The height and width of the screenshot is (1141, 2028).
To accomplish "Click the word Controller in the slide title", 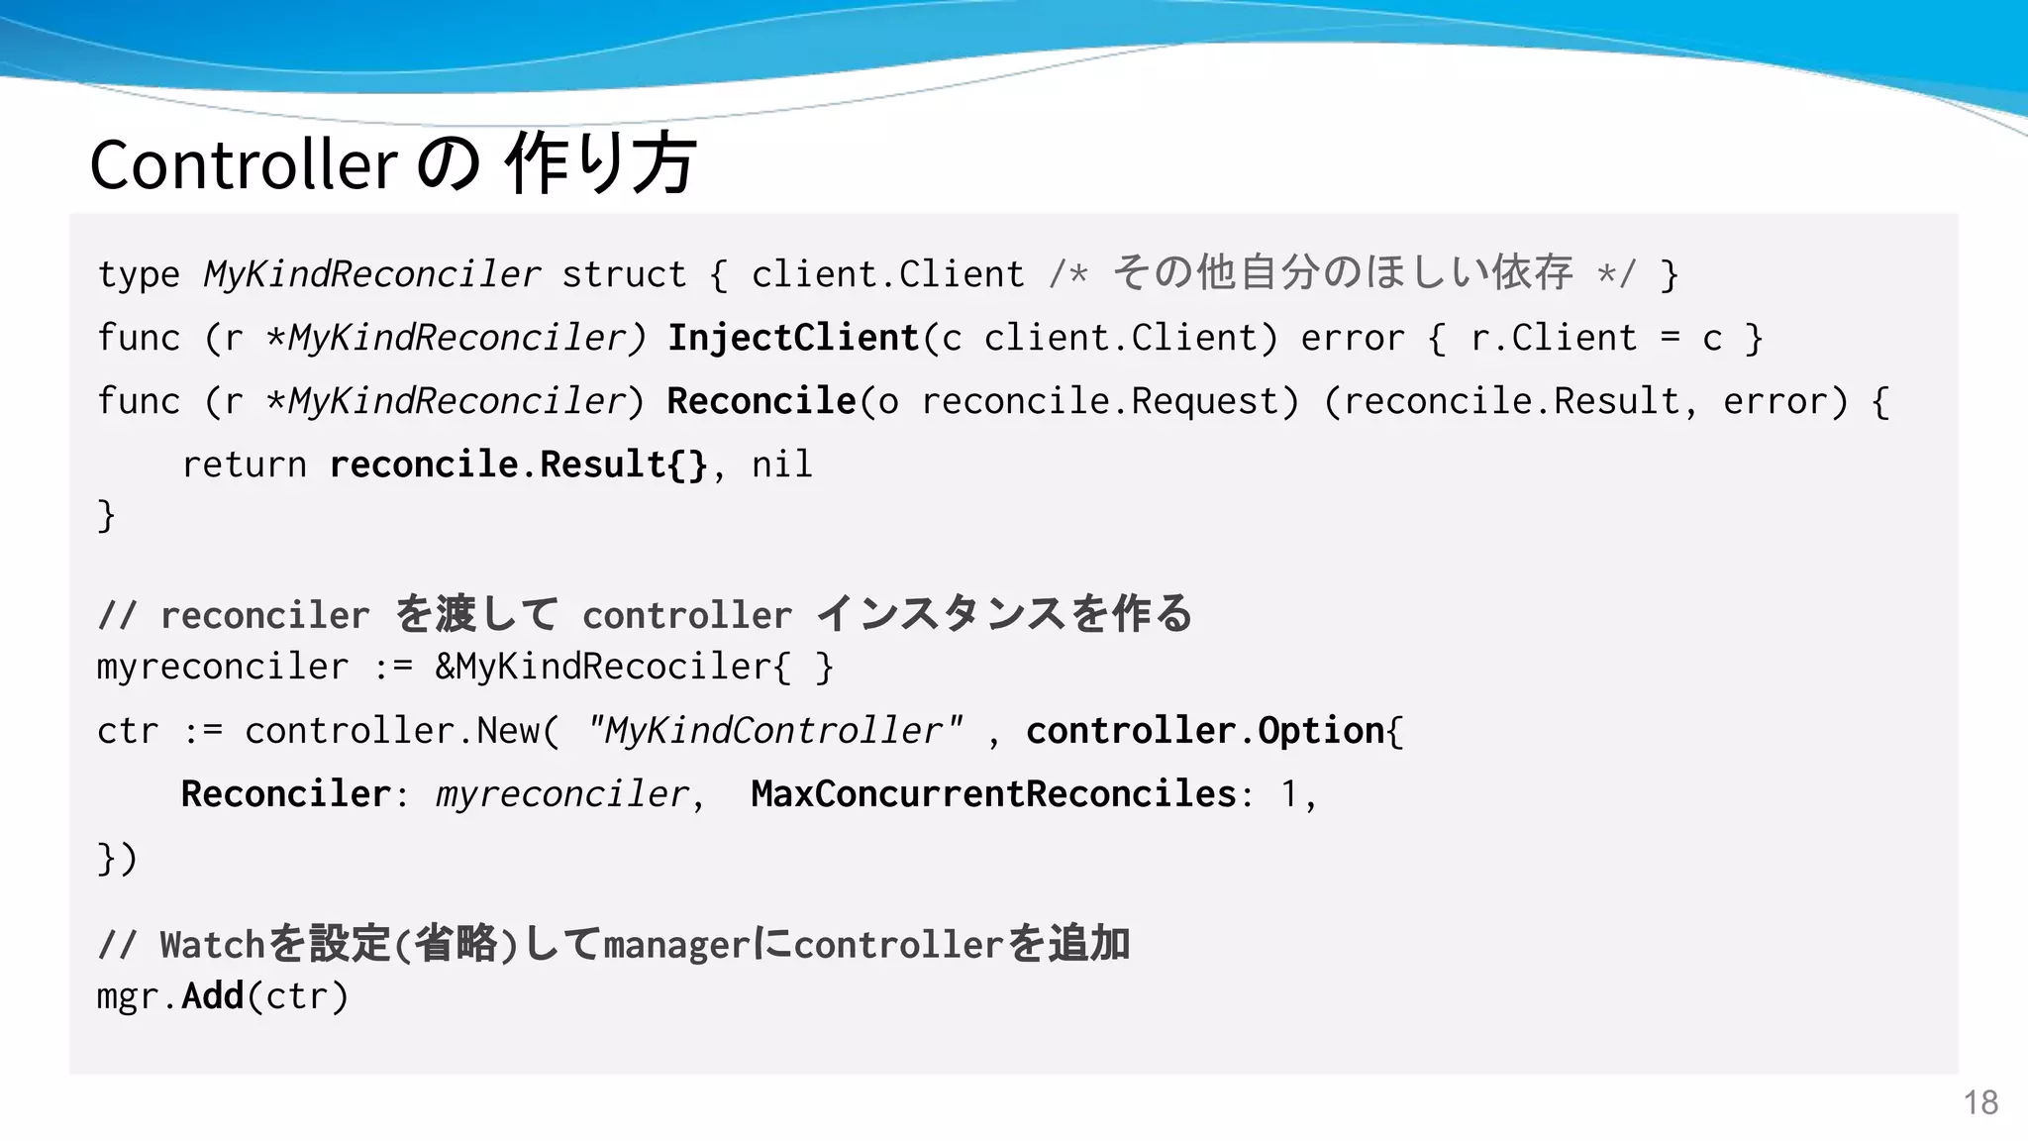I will (244, 164).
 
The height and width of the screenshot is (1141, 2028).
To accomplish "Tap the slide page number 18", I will (1980, 1102).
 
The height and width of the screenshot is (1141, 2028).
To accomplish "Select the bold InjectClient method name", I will (793, 339).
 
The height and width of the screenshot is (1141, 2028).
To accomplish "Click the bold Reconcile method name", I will (760, 402).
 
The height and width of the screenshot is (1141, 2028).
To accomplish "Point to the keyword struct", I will (624, 275).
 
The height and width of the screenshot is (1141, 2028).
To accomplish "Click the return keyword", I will (244, 466).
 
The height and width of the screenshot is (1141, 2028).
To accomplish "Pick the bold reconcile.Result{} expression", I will (519, 466).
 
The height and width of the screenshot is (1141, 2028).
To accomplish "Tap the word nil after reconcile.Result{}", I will (781, 466).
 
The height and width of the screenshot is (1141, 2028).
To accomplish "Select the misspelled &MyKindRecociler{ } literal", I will (634, 668).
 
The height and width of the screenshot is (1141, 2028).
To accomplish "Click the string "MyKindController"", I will (773, 732).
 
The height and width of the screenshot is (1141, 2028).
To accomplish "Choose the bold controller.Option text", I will (1205, 732).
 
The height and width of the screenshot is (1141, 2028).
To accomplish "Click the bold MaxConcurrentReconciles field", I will (993, 794).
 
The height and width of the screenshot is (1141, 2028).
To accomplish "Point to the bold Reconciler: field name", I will (286, 794).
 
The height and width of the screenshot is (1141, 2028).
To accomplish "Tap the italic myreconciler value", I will (561, 794).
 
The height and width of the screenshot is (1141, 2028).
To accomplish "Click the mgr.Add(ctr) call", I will (223, 996).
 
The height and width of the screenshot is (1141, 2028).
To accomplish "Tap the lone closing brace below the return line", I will (107, 516).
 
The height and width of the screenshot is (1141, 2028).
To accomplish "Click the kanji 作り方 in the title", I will (600, 164).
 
